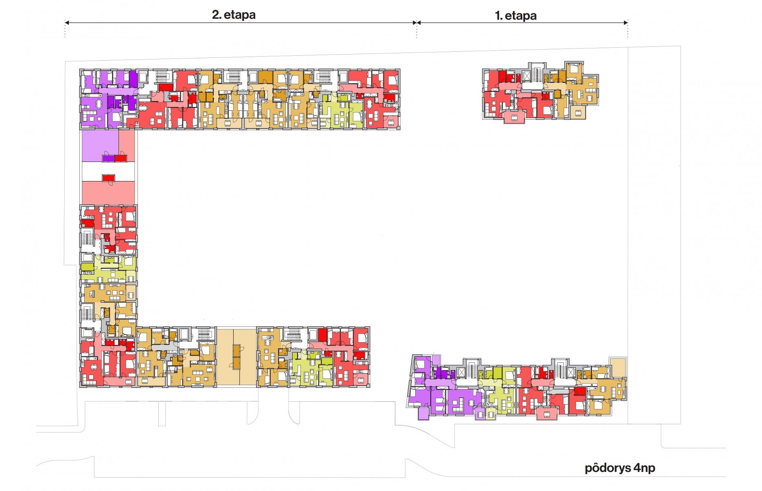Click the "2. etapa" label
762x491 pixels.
pos(234,15)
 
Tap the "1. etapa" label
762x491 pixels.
pos(515,15)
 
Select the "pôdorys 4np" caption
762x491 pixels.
pos(620,468)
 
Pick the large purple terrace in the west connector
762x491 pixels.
pos(100,145)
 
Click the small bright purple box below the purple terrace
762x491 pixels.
pos(108,158)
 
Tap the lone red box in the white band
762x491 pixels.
pos(108,178)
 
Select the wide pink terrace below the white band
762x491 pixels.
pos(108,193)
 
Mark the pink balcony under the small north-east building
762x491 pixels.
pos(514,117)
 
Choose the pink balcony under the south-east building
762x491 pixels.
pos(547,413)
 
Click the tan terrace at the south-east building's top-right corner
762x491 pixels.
pos(617,367)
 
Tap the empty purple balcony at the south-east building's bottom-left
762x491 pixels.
pos(424,413)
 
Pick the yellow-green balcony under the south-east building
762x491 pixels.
pos(491,414)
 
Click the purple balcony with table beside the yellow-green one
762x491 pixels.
pos(480,414)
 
